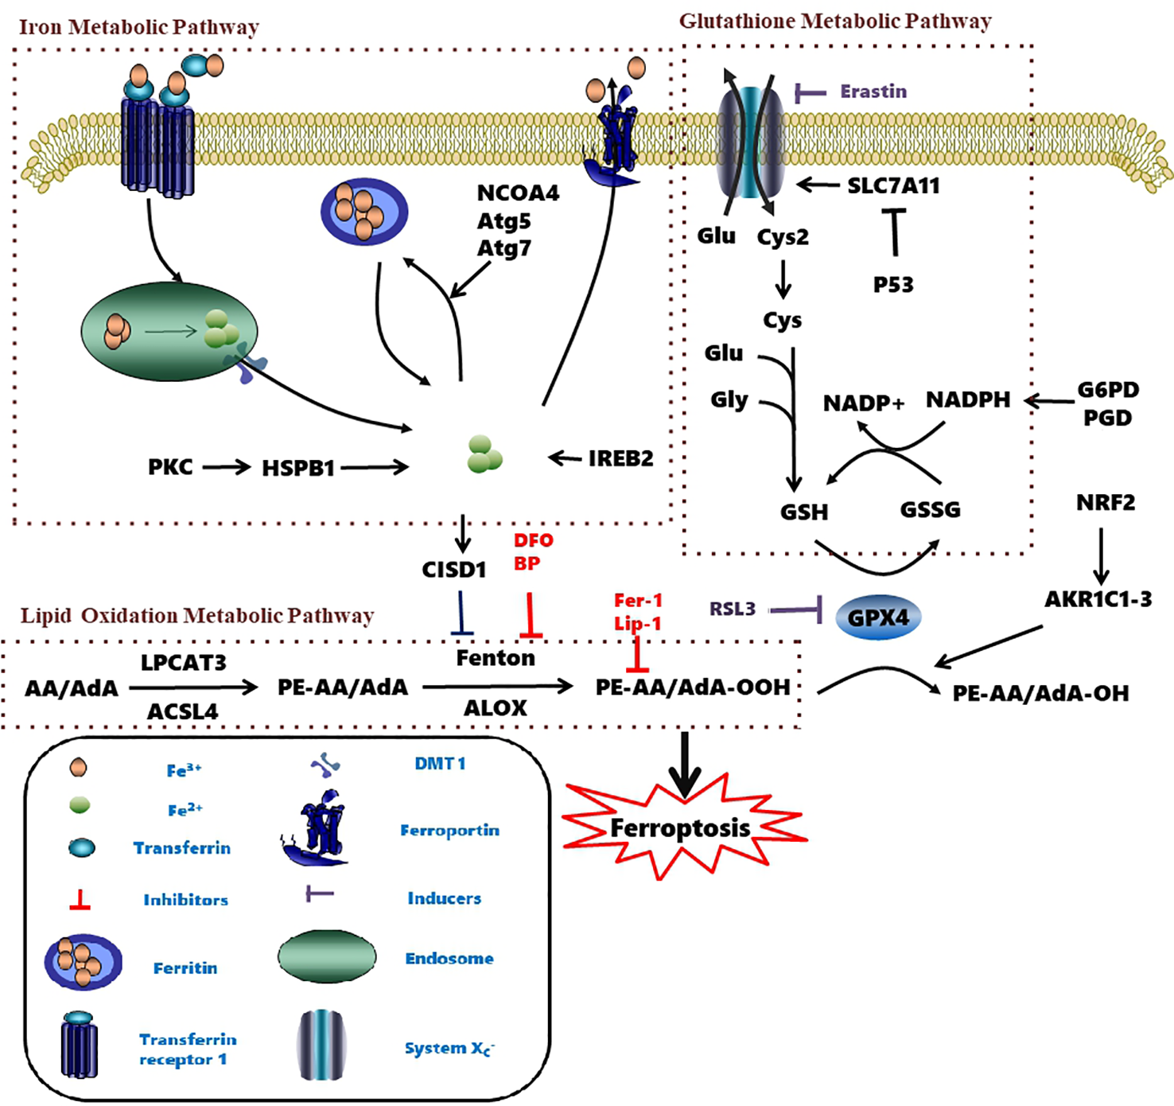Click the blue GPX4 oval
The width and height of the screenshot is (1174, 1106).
(x=878, y=617)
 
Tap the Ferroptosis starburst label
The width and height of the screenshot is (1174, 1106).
(x=680, y=828)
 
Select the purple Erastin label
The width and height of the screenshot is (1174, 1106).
(x=873, y=92)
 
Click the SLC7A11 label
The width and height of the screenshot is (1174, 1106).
(x=893, y=186)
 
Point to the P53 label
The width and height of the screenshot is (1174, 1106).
(x=893, y=285)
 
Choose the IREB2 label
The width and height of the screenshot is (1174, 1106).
(x=620, y=459)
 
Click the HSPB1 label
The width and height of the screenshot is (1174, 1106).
(x=298, y=469)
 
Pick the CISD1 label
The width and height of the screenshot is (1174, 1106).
(x=453, y=570)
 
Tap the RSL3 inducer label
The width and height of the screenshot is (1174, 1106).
(x=733, y=609)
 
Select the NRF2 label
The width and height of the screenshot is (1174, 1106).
(x=1106, y=503)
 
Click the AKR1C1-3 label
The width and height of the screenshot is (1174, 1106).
(x=1098, y=600)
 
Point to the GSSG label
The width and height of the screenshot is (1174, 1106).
(x=930, y=510)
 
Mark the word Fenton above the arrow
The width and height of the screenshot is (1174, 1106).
(x=496, y=658)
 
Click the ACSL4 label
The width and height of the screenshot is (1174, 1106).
(x=182, y=711)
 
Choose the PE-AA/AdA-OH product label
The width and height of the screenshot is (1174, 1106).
(x=1040, y=694)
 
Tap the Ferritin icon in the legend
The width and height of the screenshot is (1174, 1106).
(x=83, y=962)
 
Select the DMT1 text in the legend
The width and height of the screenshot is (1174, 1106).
(x=440, y=764)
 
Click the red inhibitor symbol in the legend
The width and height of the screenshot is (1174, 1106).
(x=80, y=901)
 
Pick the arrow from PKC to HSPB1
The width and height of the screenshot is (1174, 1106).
(x=226, y=468)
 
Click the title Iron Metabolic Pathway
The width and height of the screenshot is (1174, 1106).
(x=138, y=27)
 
